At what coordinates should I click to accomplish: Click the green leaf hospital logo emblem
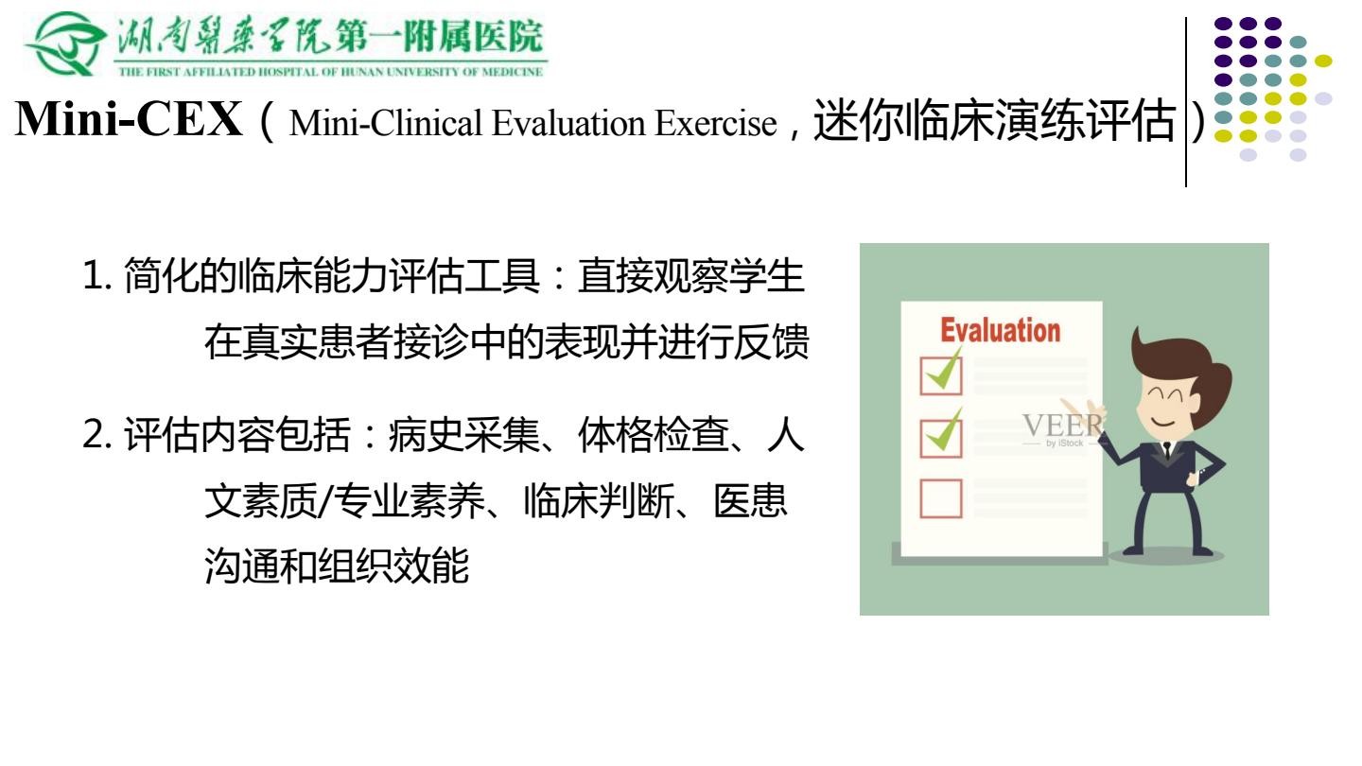coord(65,44)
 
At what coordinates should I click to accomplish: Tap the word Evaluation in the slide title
coord(569,123)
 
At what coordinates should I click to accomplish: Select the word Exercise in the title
coord(716,123)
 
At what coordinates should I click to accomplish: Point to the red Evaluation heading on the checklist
coord(1001,330)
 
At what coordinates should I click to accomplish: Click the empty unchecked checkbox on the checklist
coord(940,498)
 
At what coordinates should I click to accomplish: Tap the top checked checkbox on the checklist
coord(941,372)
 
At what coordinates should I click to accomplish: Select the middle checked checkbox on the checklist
coord(941,433)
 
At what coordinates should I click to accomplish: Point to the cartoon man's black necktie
coord(1167,451)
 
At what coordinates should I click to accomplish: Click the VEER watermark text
coord(1062,425)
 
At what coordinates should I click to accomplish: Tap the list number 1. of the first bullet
coord(97,275)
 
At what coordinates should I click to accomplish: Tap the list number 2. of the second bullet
coord(97,435)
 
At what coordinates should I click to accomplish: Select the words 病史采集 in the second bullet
coord(463,435)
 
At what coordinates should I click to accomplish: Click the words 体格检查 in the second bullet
coord(653,435)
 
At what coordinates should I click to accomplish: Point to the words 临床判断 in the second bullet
coord(599,501)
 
